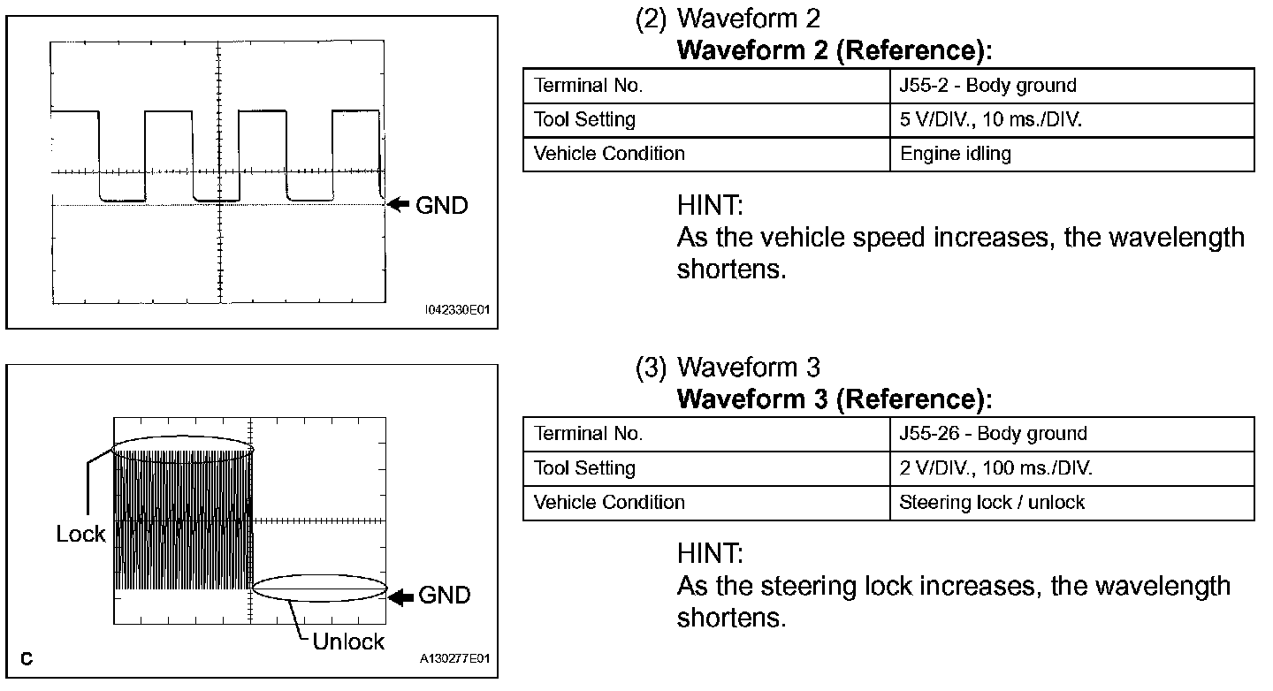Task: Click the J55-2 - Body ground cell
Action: coord(987,86)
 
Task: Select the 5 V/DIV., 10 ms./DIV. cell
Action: coord(990,119)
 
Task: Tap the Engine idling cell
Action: coord(955,154)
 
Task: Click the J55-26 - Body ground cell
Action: coord(993,434)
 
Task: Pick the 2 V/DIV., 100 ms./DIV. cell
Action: coord(995,468)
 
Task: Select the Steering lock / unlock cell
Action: coord(991,503)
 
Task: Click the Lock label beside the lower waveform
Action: coord(80,534)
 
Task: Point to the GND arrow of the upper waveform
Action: coord(400,205)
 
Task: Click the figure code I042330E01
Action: coord(457,311)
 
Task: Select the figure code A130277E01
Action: coord(456,659)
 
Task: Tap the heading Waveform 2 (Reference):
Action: coord(834,51)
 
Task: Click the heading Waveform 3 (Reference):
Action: coord(834,399)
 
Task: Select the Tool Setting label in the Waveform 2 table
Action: coord(584,119)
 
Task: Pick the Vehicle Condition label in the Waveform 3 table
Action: coord(609,503)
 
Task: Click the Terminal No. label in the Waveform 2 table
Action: coord(588,86)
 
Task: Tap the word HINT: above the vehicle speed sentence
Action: coord(709,207)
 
